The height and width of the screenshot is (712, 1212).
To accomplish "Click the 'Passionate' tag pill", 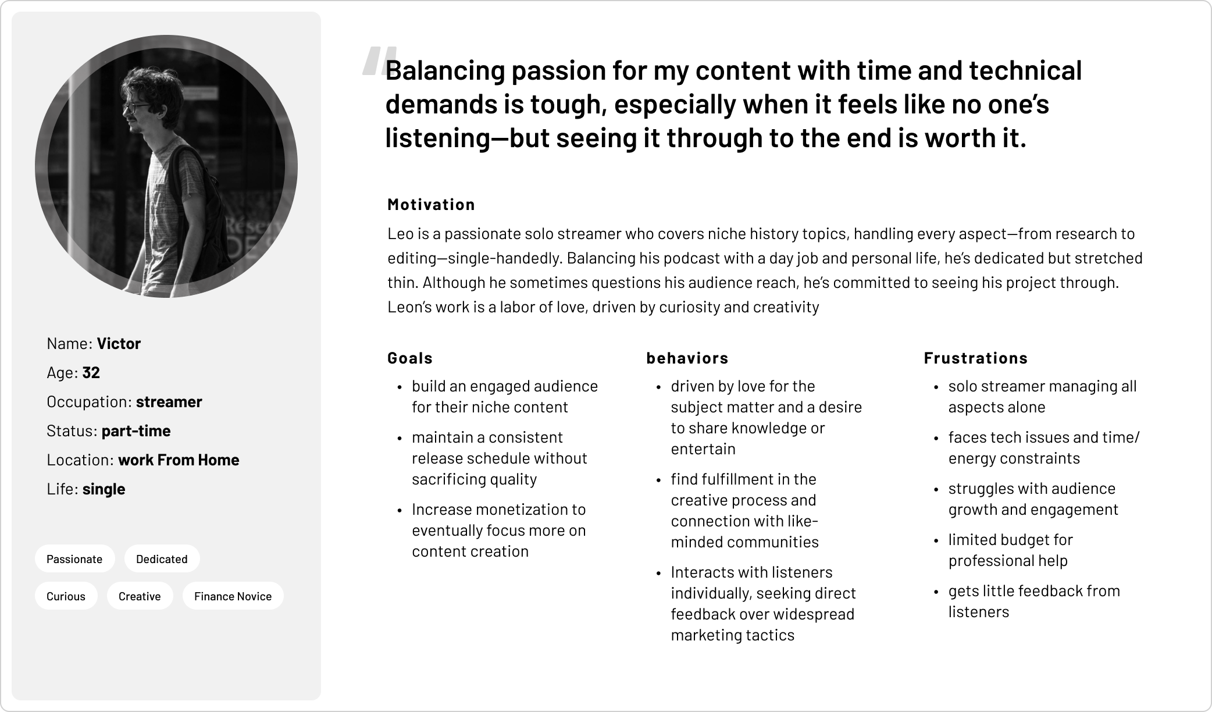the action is [x=75, y=558].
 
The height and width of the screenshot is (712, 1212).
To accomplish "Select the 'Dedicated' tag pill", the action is [x=162, y=558].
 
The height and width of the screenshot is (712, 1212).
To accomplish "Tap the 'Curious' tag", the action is [x=66, y=596].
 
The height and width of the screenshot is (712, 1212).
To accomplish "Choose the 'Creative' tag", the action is [x=140, y=596].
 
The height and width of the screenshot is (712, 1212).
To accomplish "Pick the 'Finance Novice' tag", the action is [x=233, y=596].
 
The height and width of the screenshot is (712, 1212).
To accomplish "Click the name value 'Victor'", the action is [x=119, y=344].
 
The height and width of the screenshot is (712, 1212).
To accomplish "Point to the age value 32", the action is [x=91, y=373].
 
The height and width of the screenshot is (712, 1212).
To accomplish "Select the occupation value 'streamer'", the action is [x=169, y=402].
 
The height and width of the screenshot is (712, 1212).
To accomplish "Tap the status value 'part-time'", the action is [x=136, y=431].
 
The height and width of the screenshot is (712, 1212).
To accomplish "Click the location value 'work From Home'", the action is [x=179, y=460].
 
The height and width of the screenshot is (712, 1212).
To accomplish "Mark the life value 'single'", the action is [x=104, y=489].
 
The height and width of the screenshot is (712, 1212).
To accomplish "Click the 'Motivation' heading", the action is [x=432, y=205].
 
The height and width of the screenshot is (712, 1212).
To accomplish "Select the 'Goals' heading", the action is [x=410, y=358].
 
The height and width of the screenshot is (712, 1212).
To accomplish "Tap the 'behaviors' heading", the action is [x=687, y=358].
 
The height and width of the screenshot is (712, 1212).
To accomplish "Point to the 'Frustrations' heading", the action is [x=976, y=358].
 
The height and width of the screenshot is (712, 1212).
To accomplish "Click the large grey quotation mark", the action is [x=379, y=62].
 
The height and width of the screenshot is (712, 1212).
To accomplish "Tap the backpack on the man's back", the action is [x=201, y=204].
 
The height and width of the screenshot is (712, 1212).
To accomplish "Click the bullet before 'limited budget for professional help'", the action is [x=936, y=541].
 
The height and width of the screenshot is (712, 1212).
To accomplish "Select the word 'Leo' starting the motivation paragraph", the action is [x=400, y=234].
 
